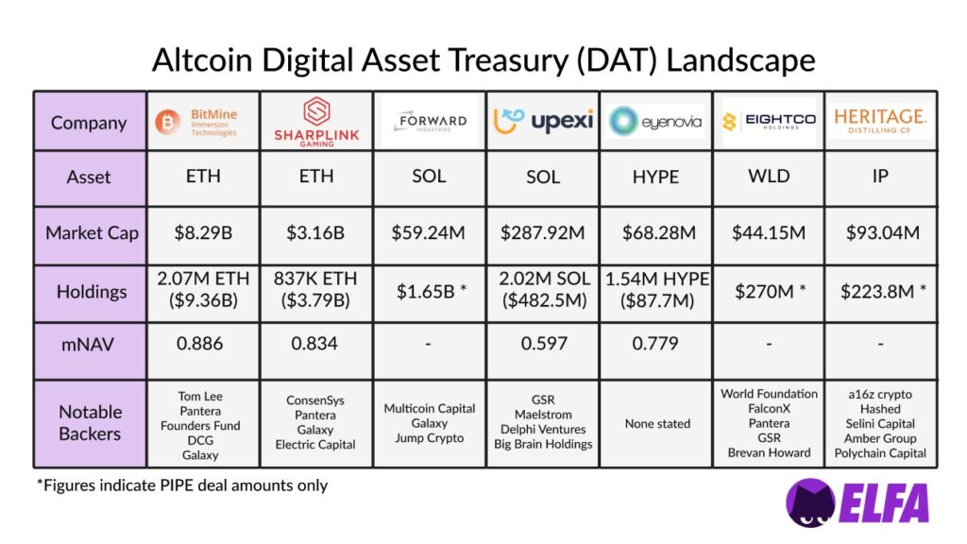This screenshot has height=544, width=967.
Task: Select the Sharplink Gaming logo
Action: coord(316,122)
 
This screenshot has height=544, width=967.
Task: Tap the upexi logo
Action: coord(542,122)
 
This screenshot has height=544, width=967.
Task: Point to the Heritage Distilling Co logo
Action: coord(880,122)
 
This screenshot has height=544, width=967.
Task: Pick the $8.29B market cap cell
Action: coord(202,232)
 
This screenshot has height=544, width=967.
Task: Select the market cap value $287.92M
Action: coord(542,232)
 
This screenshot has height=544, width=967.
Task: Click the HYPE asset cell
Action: coord(655,177)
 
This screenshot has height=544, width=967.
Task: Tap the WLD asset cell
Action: coord(768,177)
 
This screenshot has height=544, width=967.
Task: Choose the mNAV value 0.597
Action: coord(542,344)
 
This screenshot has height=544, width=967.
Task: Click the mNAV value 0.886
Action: coord(202,344)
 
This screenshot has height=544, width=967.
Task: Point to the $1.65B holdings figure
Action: coord(429,292)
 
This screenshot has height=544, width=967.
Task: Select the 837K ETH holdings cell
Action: coord(316,291)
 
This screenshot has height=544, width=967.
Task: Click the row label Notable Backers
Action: coord(90,422)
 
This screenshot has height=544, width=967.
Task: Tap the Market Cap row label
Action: coord(90,232)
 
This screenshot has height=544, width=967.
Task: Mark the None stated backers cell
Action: coord(655,424)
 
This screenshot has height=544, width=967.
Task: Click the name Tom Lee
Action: coord(202,396)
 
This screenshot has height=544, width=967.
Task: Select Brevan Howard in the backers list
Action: coord(768,452)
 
